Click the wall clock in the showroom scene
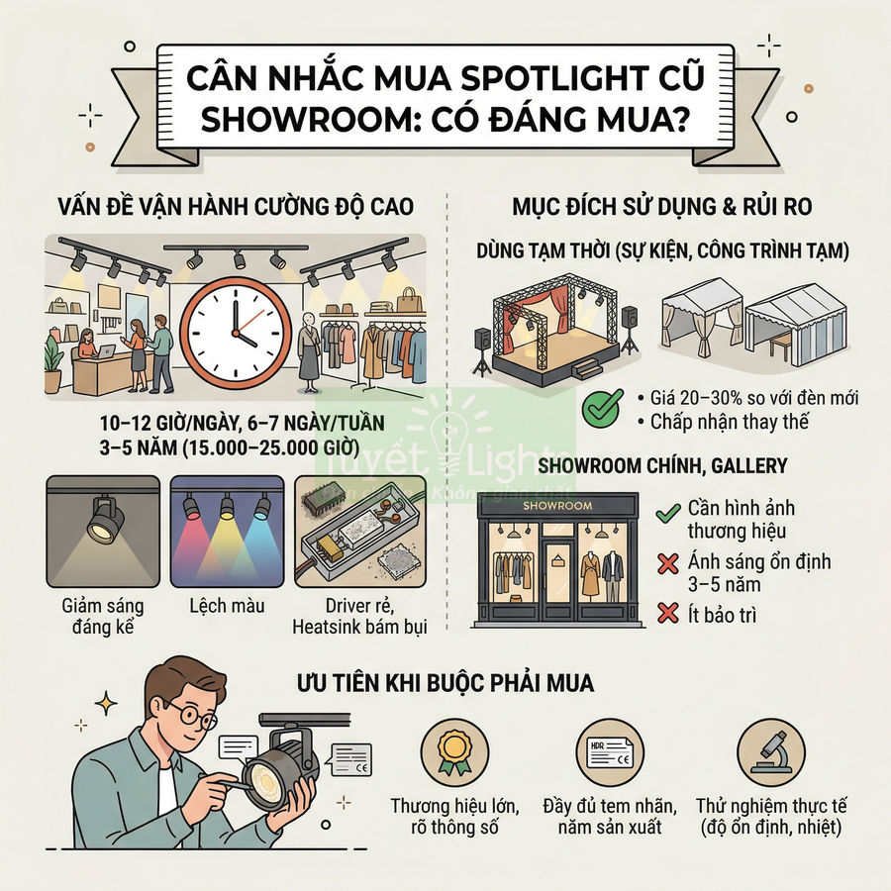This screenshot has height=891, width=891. point(237,328)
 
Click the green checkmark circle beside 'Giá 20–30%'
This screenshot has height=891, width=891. point(603,407)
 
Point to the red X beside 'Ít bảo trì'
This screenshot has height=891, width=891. point(666,615)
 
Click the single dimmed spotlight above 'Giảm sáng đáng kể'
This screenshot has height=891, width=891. point(103,520)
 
